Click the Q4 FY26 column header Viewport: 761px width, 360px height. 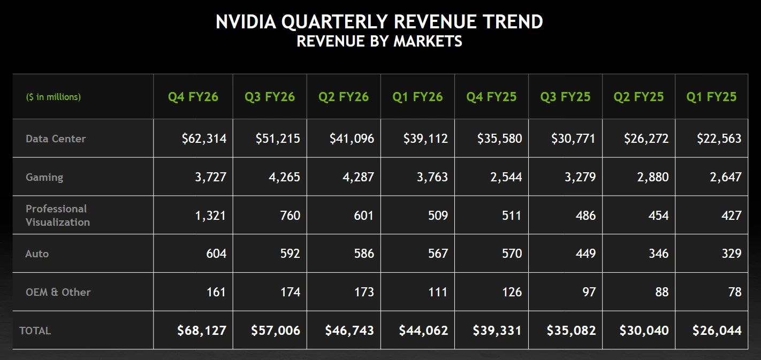[193, 97]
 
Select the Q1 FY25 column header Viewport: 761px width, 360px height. [711, 97]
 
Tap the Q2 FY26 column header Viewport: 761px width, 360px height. [344, 97]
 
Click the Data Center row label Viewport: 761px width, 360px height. [56, 139]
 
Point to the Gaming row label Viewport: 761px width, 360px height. [44, 177]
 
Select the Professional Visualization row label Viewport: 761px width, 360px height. [57, 216]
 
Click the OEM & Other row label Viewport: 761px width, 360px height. [58, 292]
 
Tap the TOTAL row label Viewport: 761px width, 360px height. [35, 331]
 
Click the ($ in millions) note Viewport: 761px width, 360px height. [54, 97]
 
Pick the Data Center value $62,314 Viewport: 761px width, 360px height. [204, 139]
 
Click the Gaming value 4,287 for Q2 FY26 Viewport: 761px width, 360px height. [358, 177]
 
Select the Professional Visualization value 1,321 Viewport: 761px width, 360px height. [211, 216]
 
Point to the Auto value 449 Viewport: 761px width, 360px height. [585, 254]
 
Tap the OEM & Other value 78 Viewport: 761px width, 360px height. [734, 292]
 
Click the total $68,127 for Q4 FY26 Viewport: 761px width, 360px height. [202, 331]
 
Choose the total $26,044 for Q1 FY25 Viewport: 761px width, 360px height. [717, 331]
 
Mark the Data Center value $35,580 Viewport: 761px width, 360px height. [499, 139]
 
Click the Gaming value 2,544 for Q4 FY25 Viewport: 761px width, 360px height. [506, 177]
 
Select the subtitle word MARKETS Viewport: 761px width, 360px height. [428, 41]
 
